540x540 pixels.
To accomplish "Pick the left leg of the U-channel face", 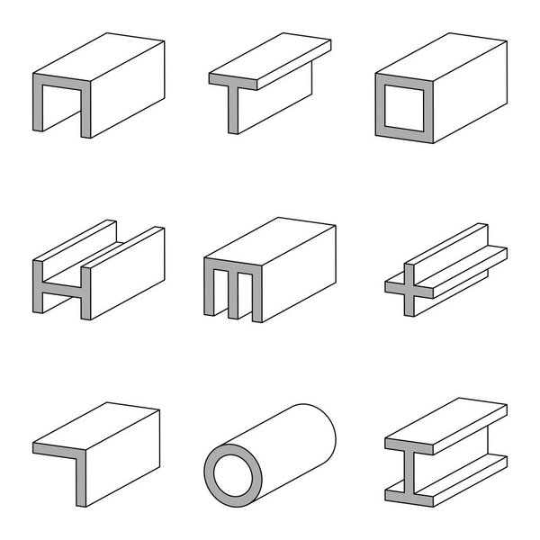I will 39,108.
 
